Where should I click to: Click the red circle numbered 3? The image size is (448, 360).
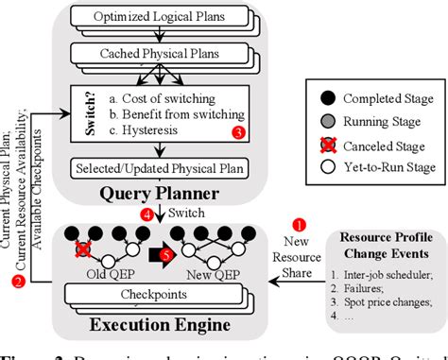pyautogui.click(x=238, y=134)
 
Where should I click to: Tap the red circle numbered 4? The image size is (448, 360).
pyautogui.click(x=146, y=214)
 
